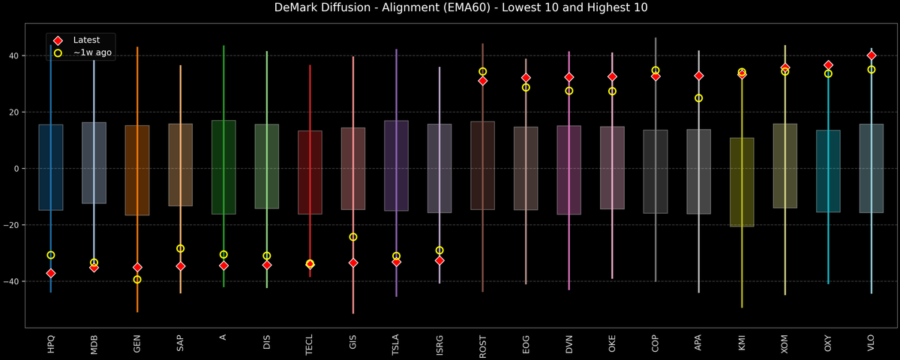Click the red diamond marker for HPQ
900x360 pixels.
point(51,273)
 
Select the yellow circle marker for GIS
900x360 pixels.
point(353,237)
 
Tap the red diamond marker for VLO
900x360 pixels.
point(871,55)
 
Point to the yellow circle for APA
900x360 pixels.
point(699,98)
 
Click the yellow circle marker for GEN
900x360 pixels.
point(137,280)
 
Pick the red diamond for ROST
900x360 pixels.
point(483,80)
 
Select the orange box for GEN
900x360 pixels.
point(137,170)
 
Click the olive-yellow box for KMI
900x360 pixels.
point(742,182)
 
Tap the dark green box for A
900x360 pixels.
point(223,167)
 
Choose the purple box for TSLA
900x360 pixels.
point(396,166)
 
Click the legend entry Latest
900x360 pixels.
point(86,40)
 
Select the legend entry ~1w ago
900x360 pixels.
point(92,52)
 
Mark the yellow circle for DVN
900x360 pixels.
point(569,91)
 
